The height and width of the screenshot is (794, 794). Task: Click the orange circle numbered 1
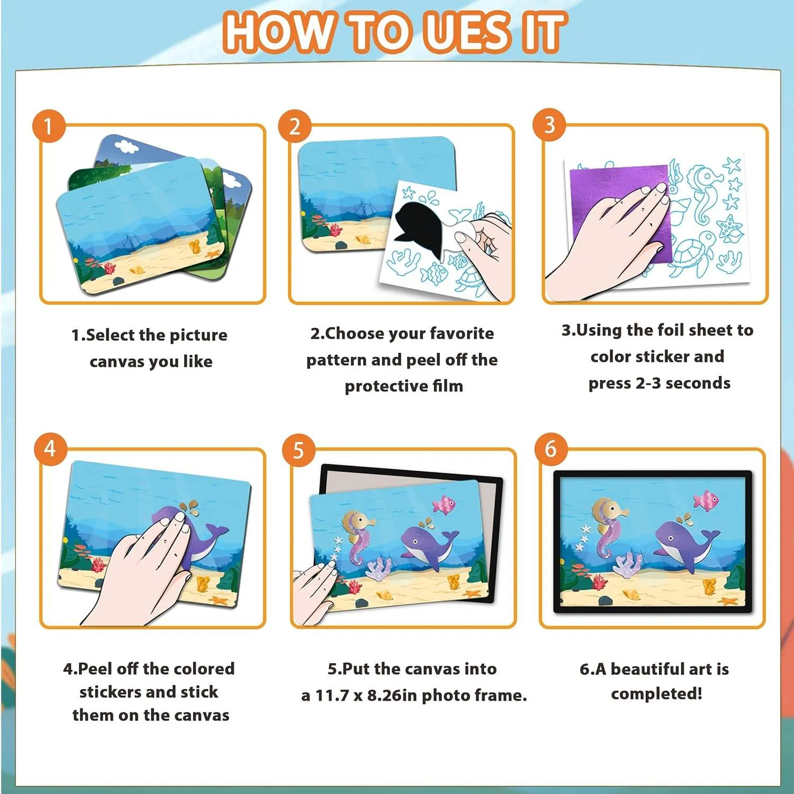(x=49, y=126)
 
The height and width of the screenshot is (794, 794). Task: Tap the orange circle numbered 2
(x=295, y=126)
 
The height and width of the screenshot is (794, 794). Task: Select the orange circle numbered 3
(x=549, y=125)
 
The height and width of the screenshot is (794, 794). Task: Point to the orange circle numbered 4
(x=50, y=449)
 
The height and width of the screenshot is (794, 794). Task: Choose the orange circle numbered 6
(x=551, y=449)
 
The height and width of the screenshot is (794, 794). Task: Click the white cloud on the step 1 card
(x=125, y=146)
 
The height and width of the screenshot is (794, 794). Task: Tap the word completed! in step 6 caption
(x=656, y=694)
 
